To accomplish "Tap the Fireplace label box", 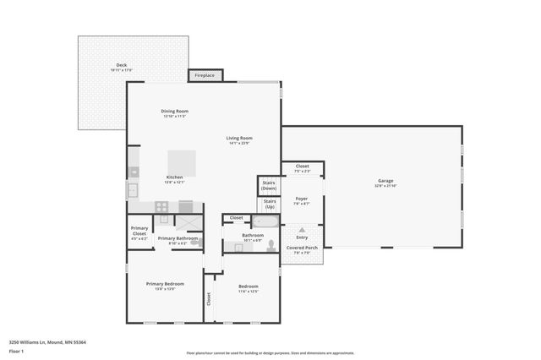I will [x=205, y=75].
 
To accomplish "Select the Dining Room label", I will [x=174, y=112].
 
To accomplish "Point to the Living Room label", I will [x=239, y=139].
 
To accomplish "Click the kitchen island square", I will [x=182, y=162].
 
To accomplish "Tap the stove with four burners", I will [x=161, y=206].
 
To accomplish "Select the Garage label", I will [x=385, y=183].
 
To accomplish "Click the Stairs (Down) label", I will [x=269, y=185].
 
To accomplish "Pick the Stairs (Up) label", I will [x=269, y=205].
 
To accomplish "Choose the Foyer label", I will [x=301, y=200].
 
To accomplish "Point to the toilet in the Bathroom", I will [x=270, y=245].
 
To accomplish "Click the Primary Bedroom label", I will [x=164, y=285].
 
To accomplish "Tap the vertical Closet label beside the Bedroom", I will [x=209, y=298].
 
